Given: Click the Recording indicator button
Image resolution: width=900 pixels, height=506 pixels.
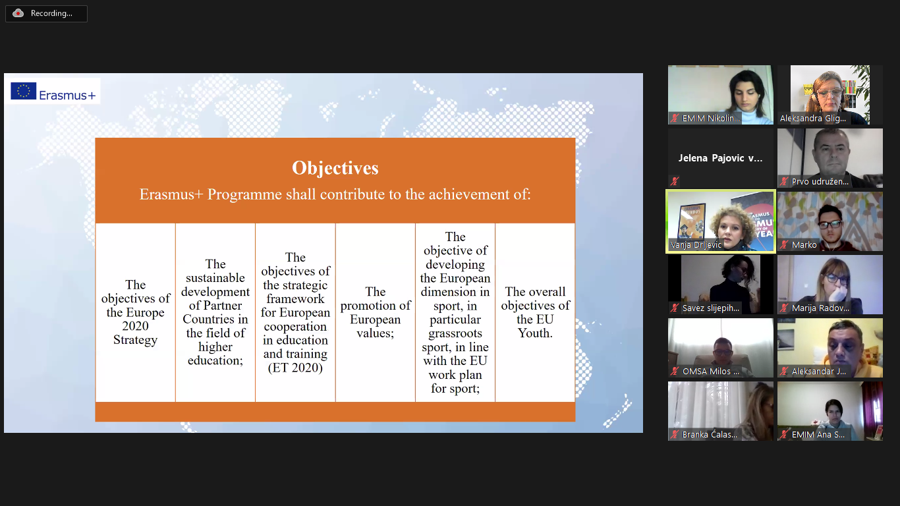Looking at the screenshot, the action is click(46, 14).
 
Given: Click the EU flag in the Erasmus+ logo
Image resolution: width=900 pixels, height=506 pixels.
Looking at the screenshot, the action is click(23, 91).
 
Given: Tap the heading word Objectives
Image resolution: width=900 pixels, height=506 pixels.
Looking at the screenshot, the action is click(335, 168).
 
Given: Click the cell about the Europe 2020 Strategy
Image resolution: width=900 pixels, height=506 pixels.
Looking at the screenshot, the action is click(136, 312).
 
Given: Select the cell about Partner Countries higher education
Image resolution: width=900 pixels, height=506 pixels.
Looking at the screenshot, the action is click(215, 312).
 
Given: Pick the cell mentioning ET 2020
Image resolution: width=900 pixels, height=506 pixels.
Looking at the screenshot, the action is click(295, 312).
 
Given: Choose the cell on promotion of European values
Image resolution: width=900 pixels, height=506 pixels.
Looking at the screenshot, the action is click(376, 312).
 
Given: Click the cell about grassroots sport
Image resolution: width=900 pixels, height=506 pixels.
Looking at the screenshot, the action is click(455, 312).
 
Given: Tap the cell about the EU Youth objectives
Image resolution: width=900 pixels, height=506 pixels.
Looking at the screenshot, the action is click(535, 312).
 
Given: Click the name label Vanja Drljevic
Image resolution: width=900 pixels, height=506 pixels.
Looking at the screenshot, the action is click(696, 244).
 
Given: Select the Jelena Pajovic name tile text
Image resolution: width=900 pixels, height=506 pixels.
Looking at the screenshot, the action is click(720, 158).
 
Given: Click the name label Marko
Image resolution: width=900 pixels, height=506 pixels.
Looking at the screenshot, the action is click(804, 244).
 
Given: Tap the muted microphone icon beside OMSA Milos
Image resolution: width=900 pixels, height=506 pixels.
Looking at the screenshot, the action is click(675, 372).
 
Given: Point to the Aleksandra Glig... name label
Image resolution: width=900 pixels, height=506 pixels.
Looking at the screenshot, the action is click(813, 118).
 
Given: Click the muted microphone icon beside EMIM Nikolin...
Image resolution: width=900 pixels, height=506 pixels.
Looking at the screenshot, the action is click(675, 118).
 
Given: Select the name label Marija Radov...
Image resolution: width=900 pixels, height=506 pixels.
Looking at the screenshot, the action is click(820, 308).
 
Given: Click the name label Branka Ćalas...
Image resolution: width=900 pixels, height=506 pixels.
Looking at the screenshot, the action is click(710, 434).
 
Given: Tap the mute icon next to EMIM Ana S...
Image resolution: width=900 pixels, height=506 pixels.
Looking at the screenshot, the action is click(784, 434).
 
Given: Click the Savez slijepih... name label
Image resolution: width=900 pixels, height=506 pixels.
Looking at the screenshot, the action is click(711, 308).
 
